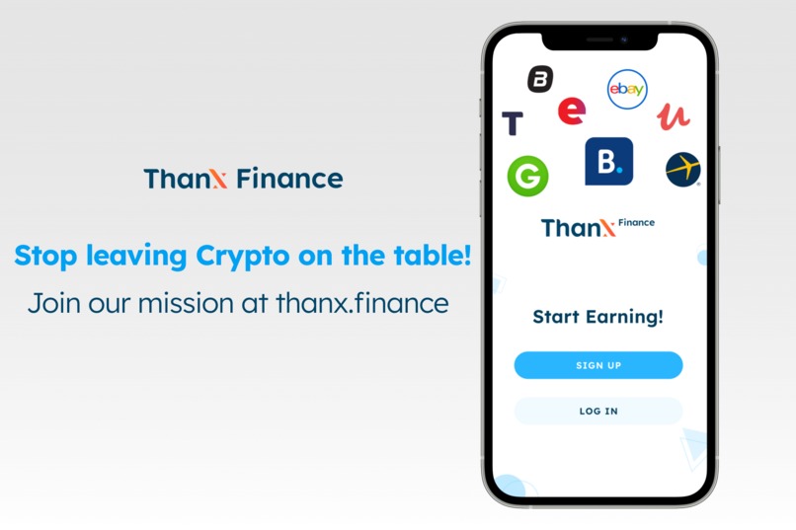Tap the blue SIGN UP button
pyautogui.click(x=597, y=365)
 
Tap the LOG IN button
pyautogui.click(x=597, y=411)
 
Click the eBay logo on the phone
pyautogui.click(x=626, y=90)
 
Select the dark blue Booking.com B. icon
pyautogui.click(x=608, y=161)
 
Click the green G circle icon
pyautogui.click(x=527, y=176)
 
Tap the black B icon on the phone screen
pyautogui.click(x=540, y=79)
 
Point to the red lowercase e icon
pyautogui.click(x=571, y=112)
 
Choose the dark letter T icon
pyautogui.click(x=512, y=123)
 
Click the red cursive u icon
pyautogui.click(x=674, y=115)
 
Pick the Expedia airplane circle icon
pyautogui.click(x=682, y=169)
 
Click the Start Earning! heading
pyautogui.click(x=597, y=317)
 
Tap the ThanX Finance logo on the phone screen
pyautogui.click(x=597, y=227)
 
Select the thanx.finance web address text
pyautogui.click(x=361, y=302)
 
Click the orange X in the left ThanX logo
pyautogui.click(x=219, y=179)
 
